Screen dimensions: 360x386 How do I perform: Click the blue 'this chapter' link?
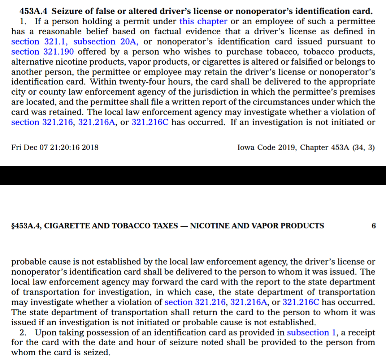[203, 22]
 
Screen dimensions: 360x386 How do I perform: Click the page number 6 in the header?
[374, 226]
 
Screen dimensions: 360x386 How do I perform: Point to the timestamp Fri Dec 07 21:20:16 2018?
[55, 147]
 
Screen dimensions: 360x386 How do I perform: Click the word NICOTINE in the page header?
[208, 226]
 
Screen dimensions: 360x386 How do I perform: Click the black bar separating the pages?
[193, 176]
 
